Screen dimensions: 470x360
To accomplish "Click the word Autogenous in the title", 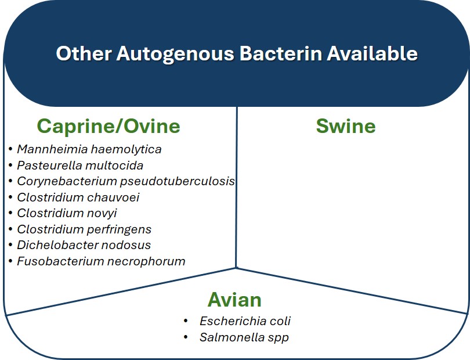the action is click(x=175, y=54).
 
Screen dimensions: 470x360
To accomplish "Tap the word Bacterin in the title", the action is click(x=281, y=53).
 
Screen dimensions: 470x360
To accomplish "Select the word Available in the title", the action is click(x=373, y=53).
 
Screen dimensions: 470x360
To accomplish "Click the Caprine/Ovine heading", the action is click(x=109, y=126).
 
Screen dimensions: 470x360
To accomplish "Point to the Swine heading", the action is click(x=346, y=126).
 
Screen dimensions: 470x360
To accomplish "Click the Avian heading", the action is click(x=234, y=300).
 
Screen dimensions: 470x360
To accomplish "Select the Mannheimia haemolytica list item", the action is click(x=89, y=149).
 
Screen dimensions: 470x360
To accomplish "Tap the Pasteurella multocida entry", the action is click(x=80, y=165).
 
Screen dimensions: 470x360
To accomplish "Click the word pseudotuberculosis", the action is click(x=178, y=182).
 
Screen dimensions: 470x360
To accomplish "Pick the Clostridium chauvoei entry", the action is click(x=78, y=197).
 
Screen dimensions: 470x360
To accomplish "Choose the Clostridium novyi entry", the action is click(x=67, y=213).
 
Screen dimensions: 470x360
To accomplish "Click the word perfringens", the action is click(x=120, y=229).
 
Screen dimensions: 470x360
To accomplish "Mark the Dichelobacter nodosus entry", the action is click(x=84, y=245).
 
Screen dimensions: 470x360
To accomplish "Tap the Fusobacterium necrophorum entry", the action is click(x=101, y=261).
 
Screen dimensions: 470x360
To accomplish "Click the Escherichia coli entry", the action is click(x=245, y=321).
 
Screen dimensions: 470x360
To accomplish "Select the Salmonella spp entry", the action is click(x=244, y=337).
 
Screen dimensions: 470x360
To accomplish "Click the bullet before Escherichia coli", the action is click(x=186, y=321).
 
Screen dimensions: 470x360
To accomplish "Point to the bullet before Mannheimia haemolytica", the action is click(x=11, y=149).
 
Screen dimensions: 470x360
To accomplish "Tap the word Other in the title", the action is click(x=84, y=53).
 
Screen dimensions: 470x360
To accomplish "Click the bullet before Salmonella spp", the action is click(x=186, y=337).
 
